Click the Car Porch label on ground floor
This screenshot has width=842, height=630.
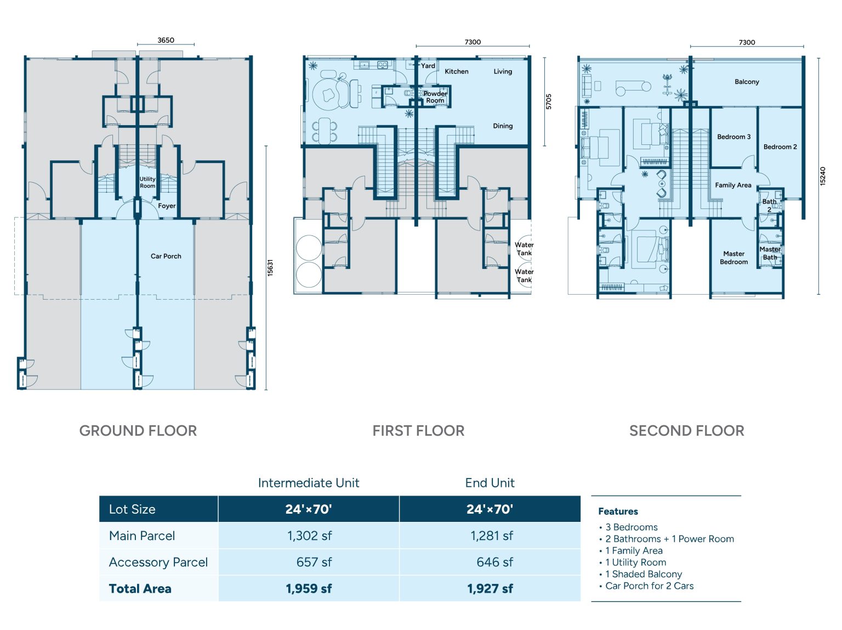tap(166, 256)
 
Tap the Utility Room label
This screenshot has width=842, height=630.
tap(147, 183)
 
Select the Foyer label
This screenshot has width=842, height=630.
tap(167, 206)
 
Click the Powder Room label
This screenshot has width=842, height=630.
tap(435, 97)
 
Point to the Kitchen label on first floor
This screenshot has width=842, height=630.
tap(456, 71)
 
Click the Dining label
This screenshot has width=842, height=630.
tap(502, 126)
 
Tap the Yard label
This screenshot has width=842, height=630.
tap(428, 66)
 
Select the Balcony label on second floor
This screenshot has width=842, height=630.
tap(747, 82)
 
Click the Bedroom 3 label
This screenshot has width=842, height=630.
tap(733, 137)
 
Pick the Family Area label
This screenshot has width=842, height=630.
tap(733, 185)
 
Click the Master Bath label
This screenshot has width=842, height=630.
tap(770, 253)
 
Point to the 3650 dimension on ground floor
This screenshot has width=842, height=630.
tap(166, 40)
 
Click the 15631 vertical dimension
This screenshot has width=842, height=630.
tap(270, 267)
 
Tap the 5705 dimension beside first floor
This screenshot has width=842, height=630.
tap(549, 102)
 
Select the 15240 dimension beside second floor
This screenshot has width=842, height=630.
tap(822, 176)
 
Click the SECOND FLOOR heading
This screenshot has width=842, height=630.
tap(686, 431)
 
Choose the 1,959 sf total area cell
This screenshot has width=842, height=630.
tap(309, 589)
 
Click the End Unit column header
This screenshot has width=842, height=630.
tap(490, 483)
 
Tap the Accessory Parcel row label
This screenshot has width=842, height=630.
tap(158, 562)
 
